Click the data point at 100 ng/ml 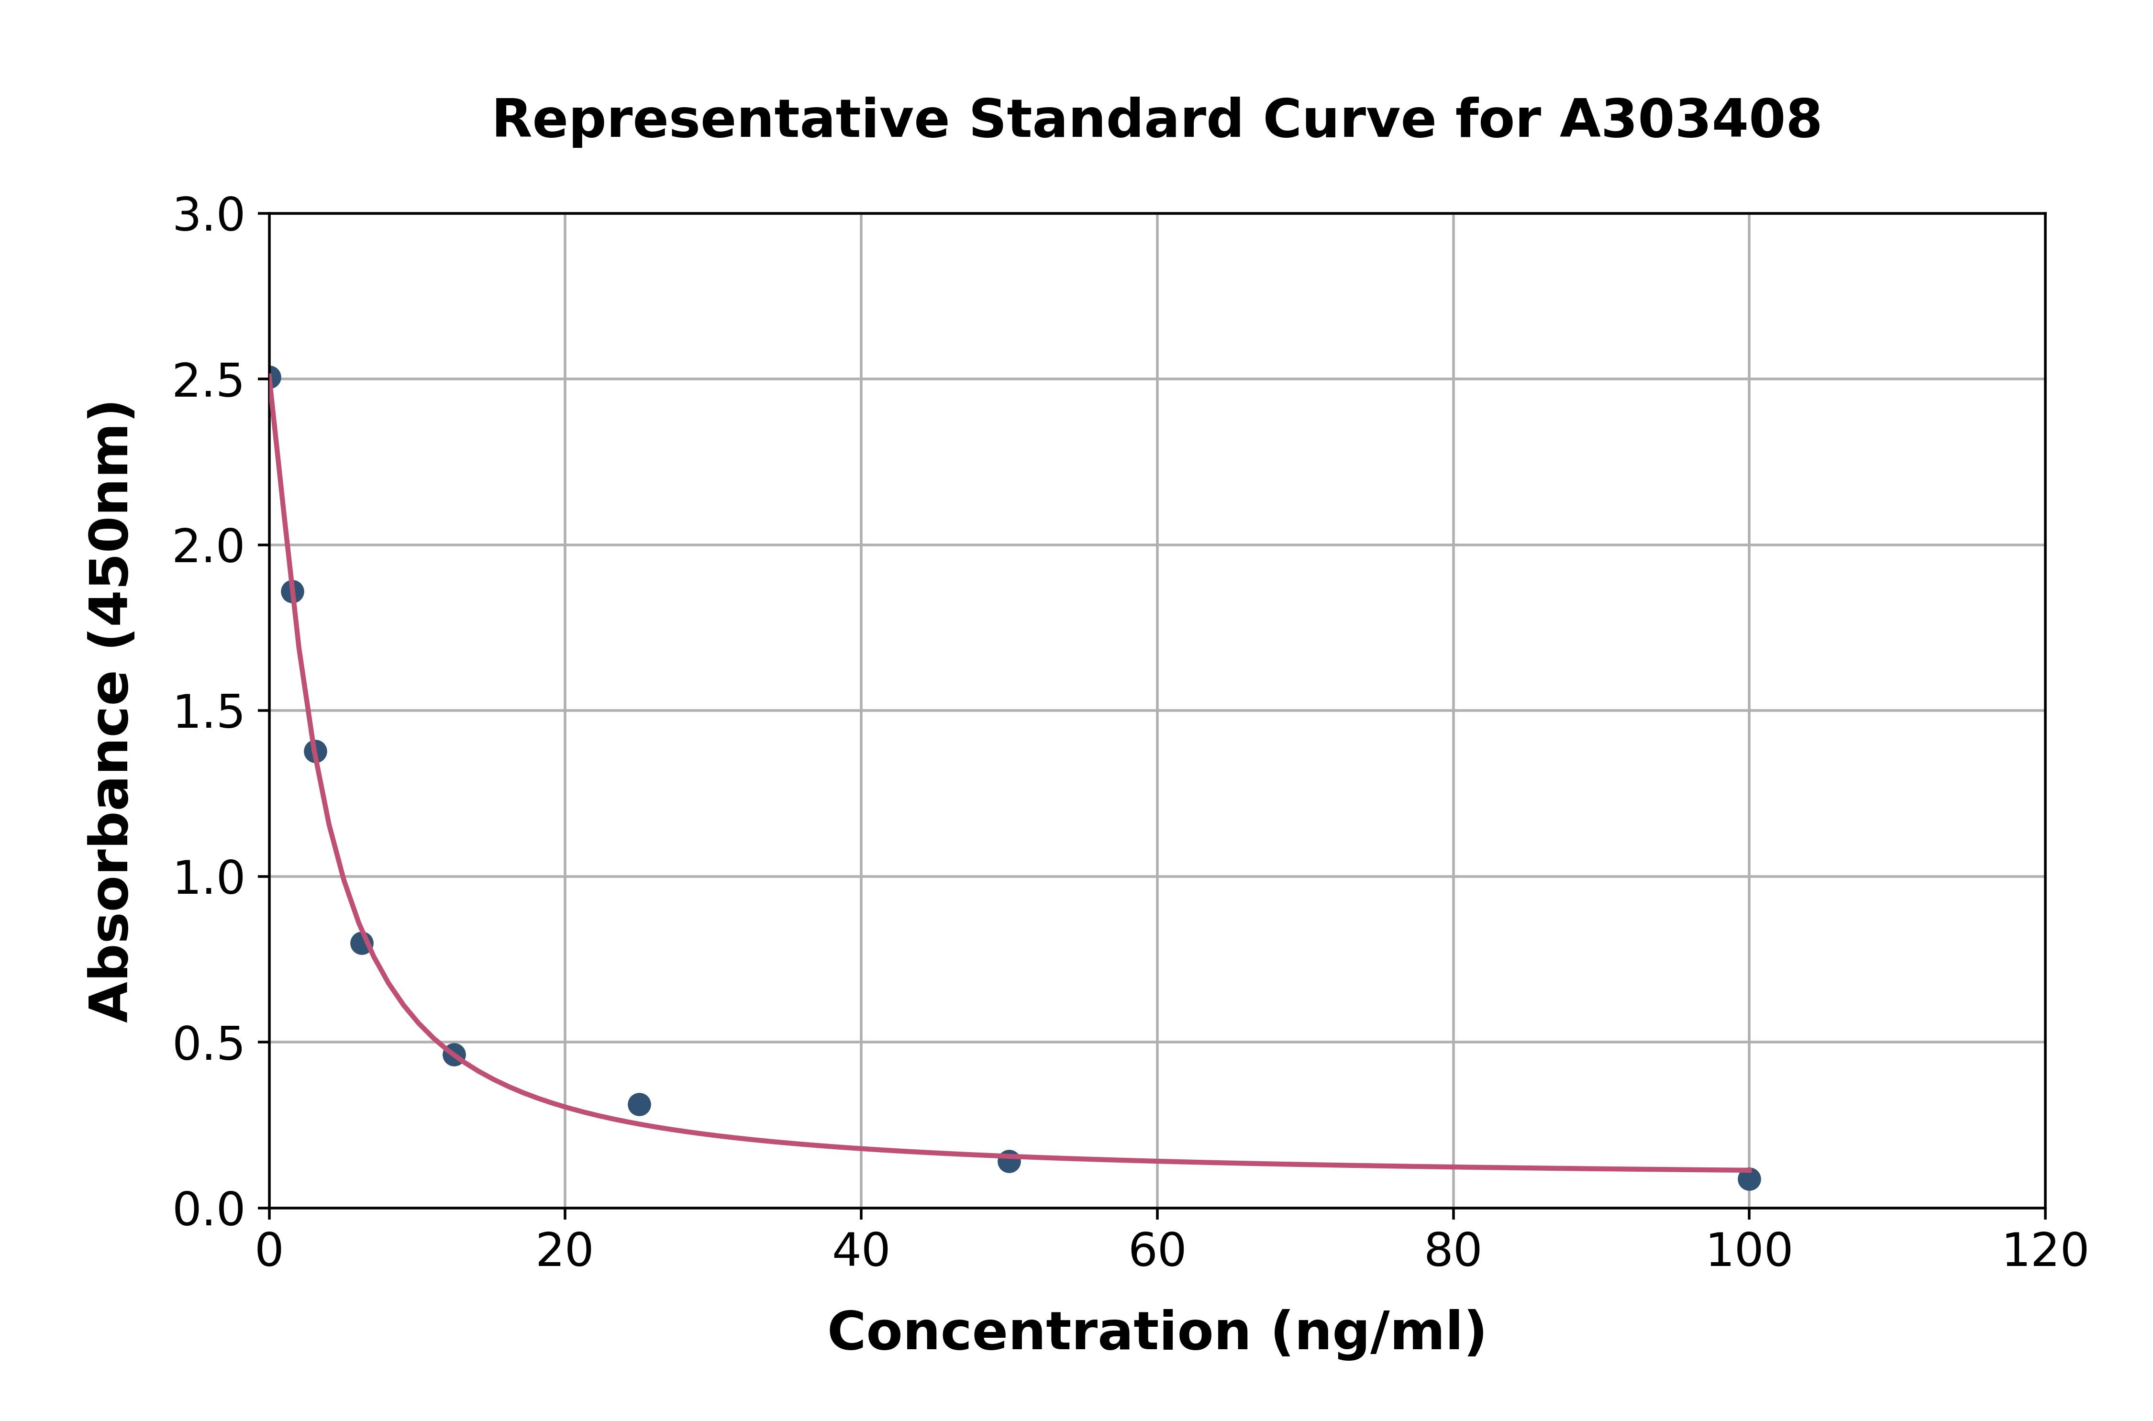1749,1179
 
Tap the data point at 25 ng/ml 639,1104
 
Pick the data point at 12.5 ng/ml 454,1054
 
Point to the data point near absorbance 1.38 315,751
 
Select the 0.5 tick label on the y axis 209,1044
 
